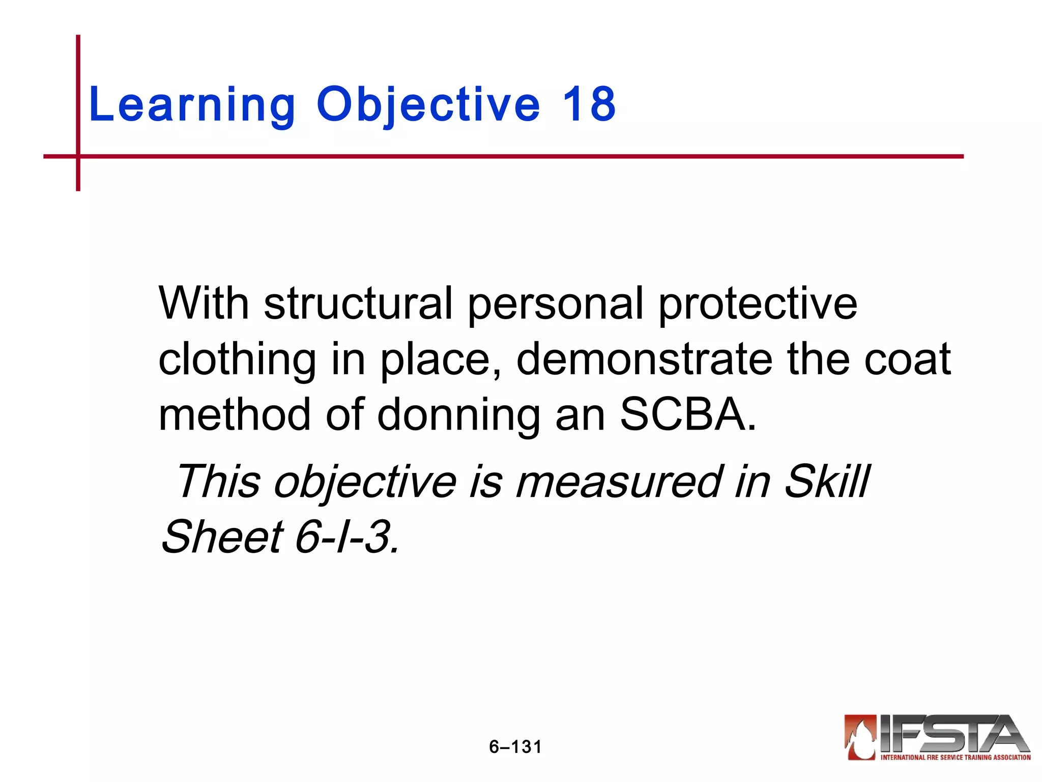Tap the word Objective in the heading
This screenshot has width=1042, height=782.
pyautogui.click(x=428, y=105)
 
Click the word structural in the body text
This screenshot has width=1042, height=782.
pyautogui.click(x=358, y=303)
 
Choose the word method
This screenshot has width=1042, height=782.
pyautogui.click(x=235, y=414)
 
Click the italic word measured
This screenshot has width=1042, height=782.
pyautogui.click(x=619, y=482)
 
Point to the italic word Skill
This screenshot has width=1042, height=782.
pyautogui.click(x=827, y=481)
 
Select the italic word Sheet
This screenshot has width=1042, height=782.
pyautogui.click(x=222, y=537)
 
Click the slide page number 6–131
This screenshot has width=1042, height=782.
pyautogui.click(x=515, y=747)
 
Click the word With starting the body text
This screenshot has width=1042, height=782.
pyautogui.click(x=204, y=303)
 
